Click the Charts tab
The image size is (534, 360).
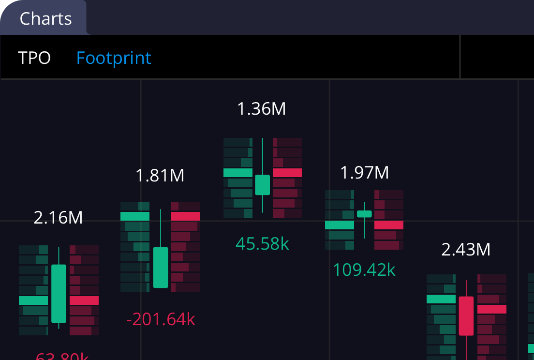(x=45, y=18)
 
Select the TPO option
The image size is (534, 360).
(x=34, y=58)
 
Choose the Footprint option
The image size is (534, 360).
(x=114, y=58)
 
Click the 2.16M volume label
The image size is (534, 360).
(x=58, y=218)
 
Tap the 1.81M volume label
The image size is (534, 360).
(x=160, y=175)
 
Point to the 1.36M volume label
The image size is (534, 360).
(x=261, y=109)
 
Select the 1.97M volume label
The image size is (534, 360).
(x=364, y=172)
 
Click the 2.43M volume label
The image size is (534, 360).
(x=466, y=250)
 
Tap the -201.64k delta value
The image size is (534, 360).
(x=161, y=319)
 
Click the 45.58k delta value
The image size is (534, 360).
(x=262, y=243)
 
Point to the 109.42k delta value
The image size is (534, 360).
(x=364, y=270)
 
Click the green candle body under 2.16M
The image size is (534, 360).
(x=59, y=293)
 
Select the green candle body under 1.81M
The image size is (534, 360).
(x=161, y=268)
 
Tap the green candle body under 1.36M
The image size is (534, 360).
(x=262, y=185)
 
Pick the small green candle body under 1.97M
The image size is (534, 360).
(x=364, y=214)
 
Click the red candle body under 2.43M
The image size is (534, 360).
(x=466, y=315)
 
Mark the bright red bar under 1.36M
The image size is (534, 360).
(x=287, y=173)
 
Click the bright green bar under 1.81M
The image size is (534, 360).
(x=135, y=216)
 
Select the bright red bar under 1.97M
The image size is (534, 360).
(x=389, y=225)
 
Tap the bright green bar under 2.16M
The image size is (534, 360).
(x=33, y=300)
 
